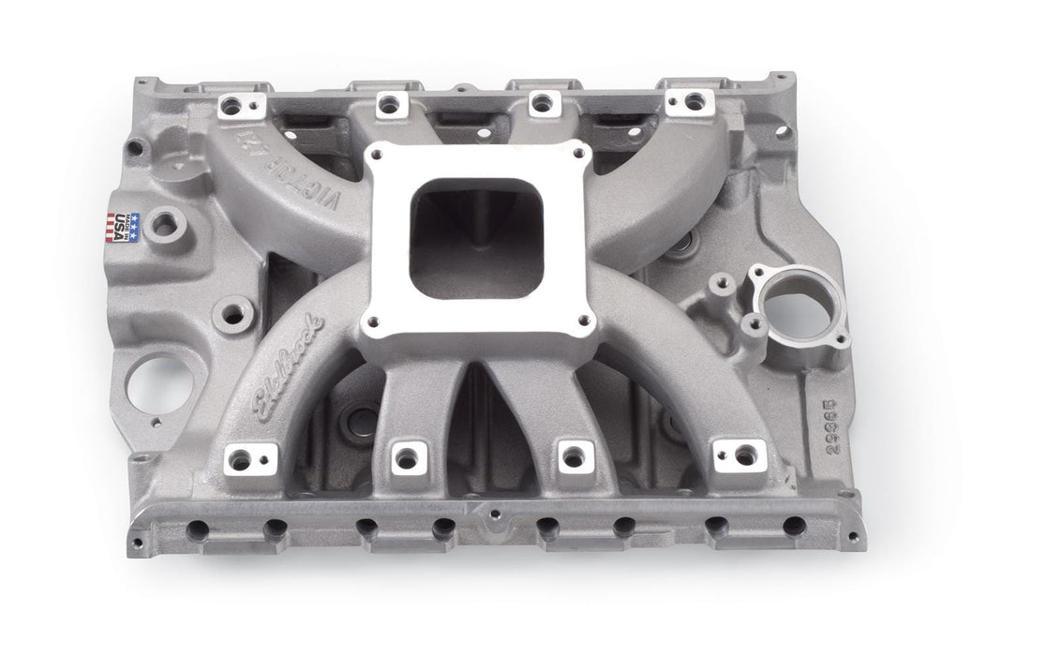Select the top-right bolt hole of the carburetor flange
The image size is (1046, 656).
pyautogui.click(x=572, y=156)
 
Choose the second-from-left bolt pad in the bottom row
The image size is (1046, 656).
pyautogui.click(x=406, y=457)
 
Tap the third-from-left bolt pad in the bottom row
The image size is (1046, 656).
pyautogui.click(x=571, y=456)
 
